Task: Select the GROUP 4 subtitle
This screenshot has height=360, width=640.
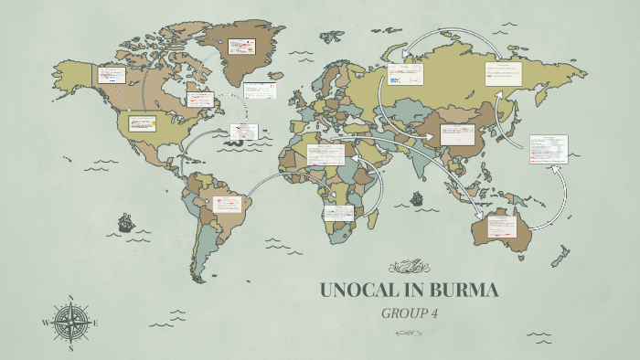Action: [x=409, y=313]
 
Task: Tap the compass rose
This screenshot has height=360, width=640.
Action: [x=70, y=323]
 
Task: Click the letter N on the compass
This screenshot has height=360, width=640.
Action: [x=70, y=298]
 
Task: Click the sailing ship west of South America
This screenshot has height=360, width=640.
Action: [x=125, y=222]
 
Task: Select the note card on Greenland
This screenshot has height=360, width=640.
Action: [x=241, y=45]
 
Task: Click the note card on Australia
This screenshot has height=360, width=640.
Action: [x=501, y=227]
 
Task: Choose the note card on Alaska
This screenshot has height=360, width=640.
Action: [x=112, y=75]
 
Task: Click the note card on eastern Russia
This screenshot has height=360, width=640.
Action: [x=503, y=74]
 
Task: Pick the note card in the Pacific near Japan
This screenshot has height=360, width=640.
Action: [x=549, y=148]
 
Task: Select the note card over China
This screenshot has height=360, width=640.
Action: [x=457, y=134]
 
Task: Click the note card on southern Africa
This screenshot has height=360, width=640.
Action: [x=336, y=213]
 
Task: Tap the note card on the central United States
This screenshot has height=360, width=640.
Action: [x=142, y=123]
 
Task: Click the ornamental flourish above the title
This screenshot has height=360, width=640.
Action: [x=409, y=267]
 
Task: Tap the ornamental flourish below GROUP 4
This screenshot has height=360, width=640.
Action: [x=409, y=333]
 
